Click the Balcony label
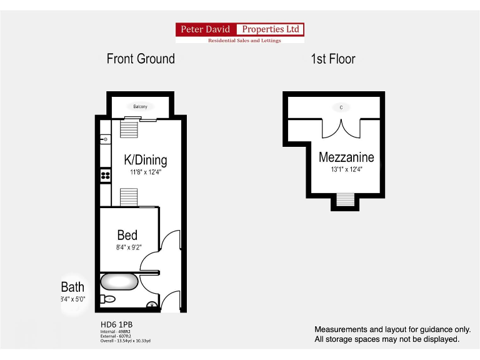click(140, 106)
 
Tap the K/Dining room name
click(145, 160)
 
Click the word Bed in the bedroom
click(127, 236)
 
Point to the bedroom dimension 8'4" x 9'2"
click(128, 247)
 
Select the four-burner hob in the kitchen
click(106, 176)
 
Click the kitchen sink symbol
click(105, 139)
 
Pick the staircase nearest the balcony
click(129, 129)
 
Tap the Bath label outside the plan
click(72, 287)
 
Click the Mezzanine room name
click(346, 157)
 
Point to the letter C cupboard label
click(341, 107)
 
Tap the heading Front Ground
click(141, 59)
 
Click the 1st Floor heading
click(332, 59)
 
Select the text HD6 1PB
click(116, 324)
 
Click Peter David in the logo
click(205, 29)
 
